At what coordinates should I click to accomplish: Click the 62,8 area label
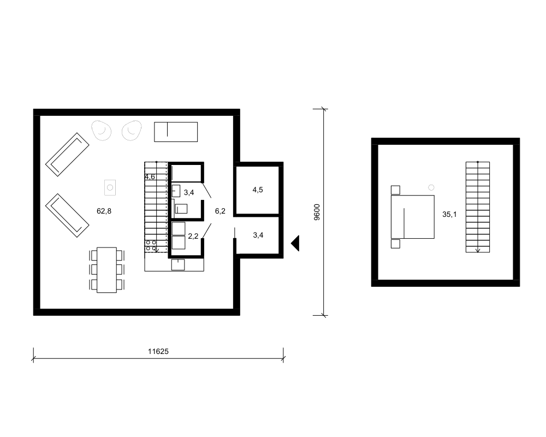point(104,211)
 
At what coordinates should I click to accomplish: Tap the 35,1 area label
point(449,214)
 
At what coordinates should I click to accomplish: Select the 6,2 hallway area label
point(220,211)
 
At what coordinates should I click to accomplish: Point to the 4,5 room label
point(258,190)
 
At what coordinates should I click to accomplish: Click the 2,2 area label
point(193,236)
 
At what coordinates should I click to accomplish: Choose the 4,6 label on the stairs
point(150,176)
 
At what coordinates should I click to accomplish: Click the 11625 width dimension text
point(158,351)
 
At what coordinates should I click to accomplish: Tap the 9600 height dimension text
point(317,212)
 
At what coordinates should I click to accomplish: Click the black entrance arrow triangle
point(295,243)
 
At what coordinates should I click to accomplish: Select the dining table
point(106,270)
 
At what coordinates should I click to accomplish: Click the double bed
point(413,217)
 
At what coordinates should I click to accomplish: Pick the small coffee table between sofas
point(110,187)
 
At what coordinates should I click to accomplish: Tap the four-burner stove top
point(151,245)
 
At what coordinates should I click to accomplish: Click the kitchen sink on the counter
point(178,264)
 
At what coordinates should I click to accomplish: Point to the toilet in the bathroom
point(181,208)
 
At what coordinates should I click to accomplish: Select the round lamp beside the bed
point(431,187)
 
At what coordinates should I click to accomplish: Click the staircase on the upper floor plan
point(478,207)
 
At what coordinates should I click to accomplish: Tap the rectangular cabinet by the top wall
point(176,132)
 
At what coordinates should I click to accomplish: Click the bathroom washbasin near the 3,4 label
point(176,191)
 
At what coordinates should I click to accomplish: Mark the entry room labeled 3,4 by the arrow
point(258,235)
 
